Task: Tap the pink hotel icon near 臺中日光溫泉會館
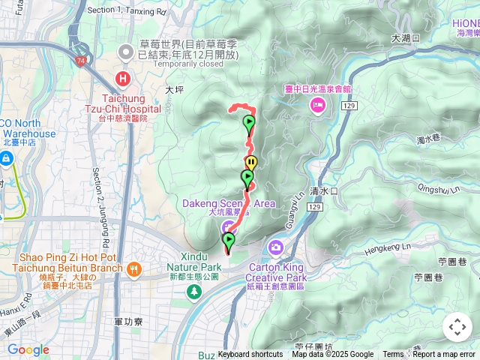tap(317, 106)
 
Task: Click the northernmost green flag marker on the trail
tap(248, 123)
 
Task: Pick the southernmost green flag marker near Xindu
tap(228, 240)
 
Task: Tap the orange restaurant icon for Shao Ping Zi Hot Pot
tap(134, 268)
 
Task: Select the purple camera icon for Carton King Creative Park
tap(276, 247)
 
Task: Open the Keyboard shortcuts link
tap(250, 355)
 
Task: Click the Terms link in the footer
tap(393, 355)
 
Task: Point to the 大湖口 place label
tap(405, 37)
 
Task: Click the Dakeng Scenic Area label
tap(229, 203)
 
